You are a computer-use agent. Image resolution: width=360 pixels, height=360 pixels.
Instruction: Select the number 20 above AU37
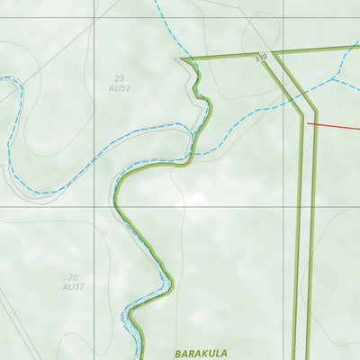[x=73, y=277]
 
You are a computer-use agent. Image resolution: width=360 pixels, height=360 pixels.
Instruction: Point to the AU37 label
[x=73, y=286]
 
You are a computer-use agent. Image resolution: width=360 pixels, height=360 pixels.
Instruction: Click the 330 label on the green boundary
[x=261, y=58]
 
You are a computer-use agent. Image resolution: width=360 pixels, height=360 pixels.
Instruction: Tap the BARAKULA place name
[x=201, y=354]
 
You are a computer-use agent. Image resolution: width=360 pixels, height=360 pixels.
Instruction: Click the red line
[x=335, y=126]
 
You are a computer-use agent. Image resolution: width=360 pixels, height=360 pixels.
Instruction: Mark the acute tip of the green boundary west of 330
[x=182, y=59]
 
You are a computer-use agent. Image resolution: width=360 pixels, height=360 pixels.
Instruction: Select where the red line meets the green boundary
[x=308, y=122]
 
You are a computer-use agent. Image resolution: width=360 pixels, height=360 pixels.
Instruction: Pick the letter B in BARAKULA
[x=178, y=354]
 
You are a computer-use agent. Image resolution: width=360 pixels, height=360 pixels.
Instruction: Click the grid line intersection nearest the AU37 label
[x=94, y=207]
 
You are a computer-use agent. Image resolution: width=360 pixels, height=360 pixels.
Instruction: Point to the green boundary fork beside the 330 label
[x=274, y=53]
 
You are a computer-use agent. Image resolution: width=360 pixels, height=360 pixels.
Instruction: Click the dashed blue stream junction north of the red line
[x=334, y=79]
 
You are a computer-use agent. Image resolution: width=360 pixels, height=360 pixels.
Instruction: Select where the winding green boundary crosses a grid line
[x=116, y=207]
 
